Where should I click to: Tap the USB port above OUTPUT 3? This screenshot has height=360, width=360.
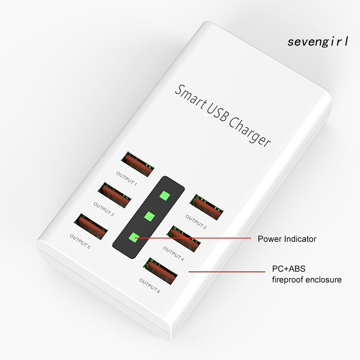tap(115, 194)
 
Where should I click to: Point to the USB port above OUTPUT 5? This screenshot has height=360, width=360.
tap(91, 226)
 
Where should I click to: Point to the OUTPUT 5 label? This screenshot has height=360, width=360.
tap(80, 242)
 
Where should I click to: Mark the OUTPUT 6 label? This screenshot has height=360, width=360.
tap(149, 285)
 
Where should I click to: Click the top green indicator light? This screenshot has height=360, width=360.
tap(164, 195)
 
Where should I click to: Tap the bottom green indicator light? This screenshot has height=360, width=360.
tap(133, 238)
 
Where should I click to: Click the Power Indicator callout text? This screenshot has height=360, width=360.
tap(287, 239)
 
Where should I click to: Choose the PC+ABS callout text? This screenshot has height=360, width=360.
tap(289, 269)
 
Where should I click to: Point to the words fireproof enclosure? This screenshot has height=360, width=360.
tap(307, 280)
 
